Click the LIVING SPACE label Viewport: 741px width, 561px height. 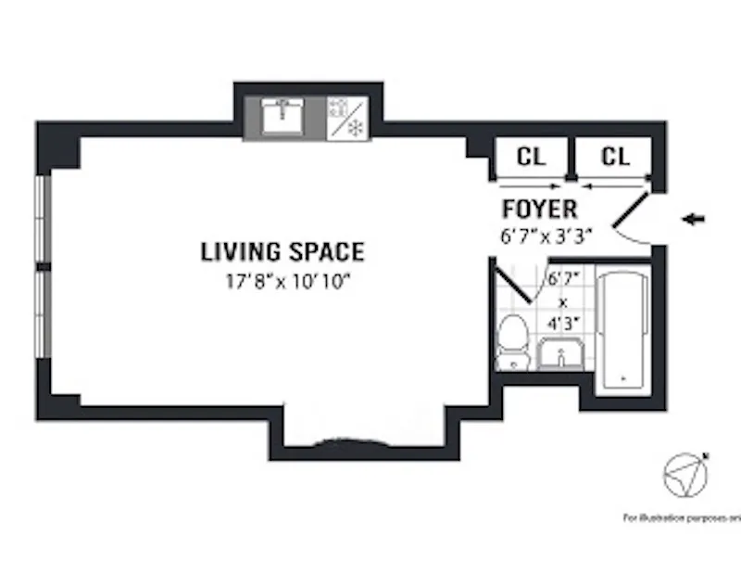(x=283, y=251)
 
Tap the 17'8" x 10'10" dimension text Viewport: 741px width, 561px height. (x=283, y=279)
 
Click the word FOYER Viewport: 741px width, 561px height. (x=539, y=210)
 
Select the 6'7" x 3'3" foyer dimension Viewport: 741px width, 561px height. (x=546, y=236)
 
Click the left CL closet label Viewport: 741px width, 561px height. (x=530, y=157)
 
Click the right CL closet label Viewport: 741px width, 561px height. (x=615, y=157)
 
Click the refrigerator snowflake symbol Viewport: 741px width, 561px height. (x=355, y=128)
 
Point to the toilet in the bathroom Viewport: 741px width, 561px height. (x=511, y=341)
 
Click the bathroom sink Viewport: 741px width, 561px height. (x=560, y=355)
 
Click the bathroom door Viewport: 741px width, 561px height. (x=514, y=284)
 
